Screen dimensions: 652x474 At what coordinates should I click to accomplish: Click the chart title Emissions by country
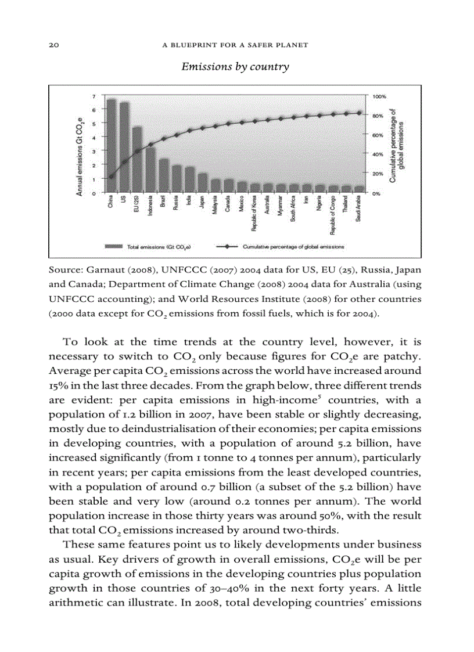[x=235, y=67]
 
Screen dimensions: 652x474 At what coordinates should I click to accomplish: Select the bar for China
[x=111, y=145]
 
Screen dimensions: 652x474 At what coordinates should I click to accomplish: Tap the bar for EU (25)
[x=137, y=159]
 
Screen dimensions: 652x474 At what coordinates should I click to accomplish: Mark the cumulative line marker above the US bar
[x=124, y=163]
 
